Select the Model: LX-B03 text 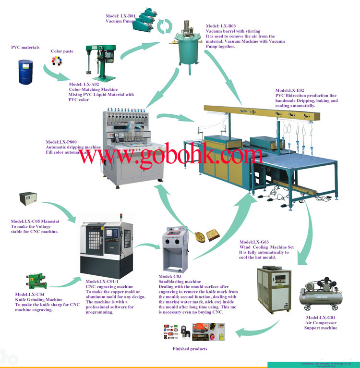coord(221,25)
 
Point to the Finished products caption coord(190,349)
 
